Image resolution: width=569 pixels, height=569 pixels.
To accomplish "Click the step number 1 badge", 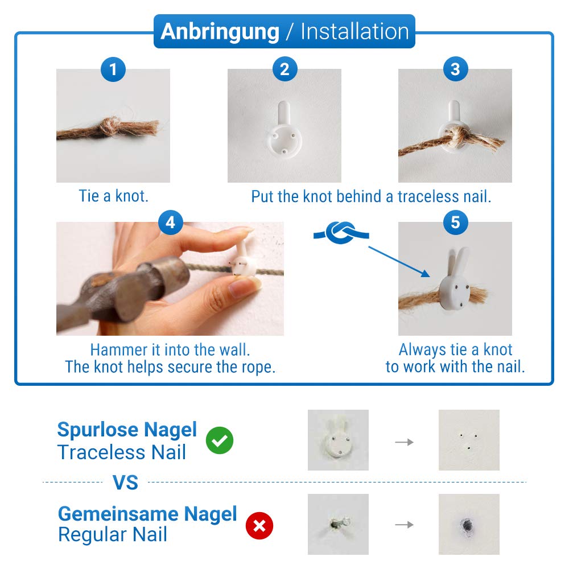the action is coord(113,69).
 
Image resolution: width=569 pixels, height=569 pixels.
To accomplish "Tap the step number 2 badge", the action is coord(285,69).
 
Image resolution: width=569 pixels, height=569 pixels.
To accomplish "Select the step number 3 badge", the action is coord(455,69).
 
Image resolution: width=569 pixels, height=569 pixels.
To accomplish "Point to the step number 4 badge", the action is coord(171,222).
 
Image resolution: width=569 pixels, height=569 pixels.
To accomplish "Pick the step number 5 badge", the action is coord(455,222).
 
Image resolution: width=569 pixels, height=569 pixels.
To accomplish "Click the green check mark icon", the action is coord(220,440).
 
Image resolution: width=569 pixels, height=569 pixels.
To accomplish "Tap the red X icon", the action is coord(259,525).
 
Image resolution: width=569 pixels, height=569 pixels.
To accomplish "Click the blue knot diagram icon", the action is coord(341,233).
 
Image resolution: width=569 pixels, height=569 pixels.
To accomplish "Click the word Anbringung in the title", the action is coord(220,31).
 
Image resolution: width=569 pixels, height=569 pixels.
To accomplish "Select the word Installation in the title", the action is coord(355,31).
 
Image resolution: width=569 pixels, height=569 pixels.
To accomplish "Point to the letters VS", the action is coord(125,483).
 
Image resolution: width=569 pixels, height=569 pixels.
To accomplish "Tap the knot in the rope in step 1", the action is coord(111,126).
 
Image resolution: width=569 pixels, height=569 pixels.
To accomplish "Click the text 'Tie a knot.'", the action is coord(114,196).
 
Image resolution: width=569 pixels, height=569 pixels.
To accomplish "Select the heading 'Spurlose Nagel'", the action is coord(127,430).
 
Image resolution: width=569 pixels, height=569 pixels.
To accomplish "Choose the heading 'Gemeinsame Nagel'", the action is coord(147,514).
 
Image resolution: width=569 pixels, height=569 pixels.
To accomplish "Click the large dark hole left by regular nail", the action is coord(467,525).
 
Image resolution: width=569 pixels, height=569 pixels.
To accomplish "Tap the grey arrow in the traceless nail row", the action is coord(404,442).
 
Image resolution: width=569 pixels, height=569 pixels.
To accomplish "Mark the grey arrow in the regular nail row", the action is coord(404,525).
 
